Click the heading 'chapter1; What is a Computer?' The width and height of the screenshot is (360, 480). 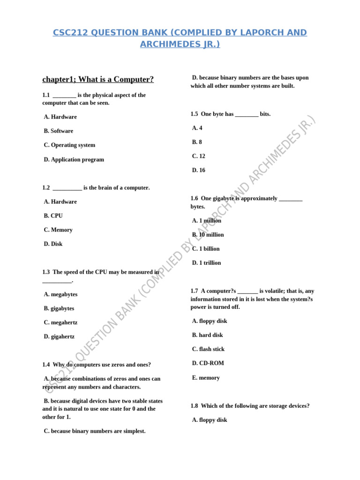pos(98,79)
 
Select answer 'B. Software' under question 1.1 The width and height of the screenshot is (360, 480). pos(59,131)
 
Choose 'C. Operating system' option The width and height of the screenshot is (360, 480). pos(69,145)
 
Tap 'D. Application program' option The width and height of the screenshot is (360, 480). pos(74,159)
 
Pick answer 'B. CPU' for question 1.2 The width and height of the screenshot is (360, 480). pos(53,216)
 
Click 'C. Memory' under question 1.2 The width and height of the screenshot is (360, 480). pos(58,230)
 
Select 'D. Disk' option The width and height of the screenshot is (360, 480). pos(53,244)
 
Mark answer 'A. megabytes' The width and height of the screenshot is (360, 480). pos(60,294)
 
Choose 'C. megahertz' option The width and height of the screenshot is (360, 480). pos(60,322)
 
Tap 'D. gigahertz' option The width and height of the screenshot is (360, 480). pos(59,337)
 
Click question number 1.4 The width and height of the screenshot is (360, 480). pos(46,365)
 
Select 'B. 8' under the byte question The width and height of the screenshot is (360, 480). pos(197,142)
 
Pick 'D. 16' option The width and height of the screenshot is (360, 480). pos(198,170)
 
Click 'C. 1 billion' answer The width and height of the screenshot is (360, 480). pos(206,248)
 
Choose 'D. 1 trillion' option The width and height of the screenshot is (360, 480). pos(206,262)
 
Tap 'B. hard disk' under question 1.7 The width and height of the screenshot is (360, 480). pos(207,335)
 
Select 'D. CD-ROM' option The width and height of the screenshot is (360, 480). pos(208,363)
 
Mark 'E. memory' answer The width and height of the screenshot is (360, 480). pos(206,378)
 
